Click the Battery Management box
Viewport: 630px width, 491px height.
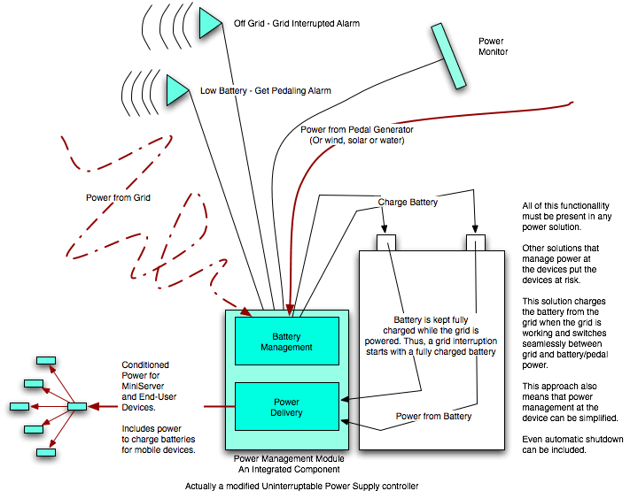pos(286,341)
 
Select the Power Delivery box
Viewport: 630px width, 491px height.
pos(286,406)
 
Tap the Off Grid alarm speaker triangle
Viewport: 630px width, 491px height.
pos(209,23)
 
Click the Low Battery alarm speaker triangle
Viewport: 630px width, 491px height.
pos(177,89)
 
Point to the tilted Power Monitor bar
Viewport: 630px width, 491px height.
pos(447,56)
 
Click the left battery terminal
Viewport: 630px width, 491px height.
pos(386,242)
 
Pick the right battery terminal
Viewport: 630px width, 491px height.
pos(476,242)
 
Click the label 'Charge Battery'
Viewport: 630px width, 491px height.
pos(408,202)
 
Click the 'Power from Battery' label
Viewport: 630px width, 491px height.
pos(433,416)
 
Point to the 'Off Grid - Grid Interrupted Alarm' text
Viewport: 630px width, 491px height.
pos(296,23)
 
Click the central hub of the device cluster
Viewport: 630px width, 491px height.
pos(77,406)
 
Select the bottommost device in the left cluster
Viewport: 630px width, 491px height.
pos(44,452)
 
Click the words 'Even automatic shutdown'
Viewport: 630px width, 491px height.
pos(572,440)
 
